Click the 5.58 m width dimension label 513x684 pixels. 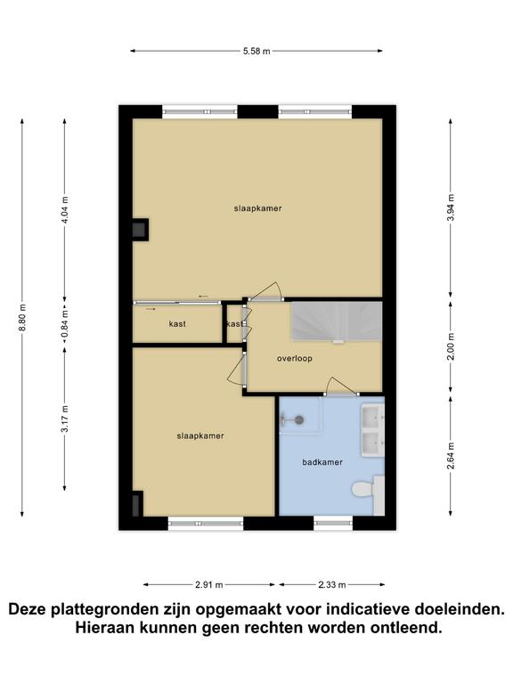tap(256, 51)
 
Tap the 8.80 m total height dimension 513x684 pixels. tap(22, 317)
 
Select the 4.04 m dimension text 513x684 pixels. tap(65, 210)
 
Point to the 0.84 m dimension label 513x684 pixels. tap(65, 322)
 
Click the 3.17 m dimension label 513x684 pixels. tap(65, 419)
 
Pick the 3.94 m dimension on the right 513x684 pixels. tap(451, 208)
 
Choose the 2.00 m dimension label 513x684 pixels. tap(451, 346)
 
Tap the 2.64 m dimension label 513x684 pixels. tap(451, 456)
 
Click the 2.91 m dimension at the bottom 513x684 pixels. tap(209, 584)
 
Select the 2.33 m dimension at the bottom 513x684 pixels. tap(332, 584)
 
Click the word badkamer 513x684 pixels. tap(322, 462)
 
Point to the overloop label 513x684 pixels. tap(295, 359)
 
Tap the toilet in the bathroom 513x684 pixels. tap(363, 489)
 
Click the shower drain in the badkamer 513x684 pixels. tap(299, 419)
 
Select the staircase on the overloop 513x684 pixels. tap(337, 321)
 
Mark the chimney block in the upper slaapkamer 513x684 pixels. tap(141, 230)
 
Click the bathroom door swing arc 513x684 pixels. tap(343, 385)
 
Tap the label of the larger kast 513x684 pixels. tap(177, 324)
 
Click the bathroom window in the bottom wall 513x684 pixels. tap(333, 523)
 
